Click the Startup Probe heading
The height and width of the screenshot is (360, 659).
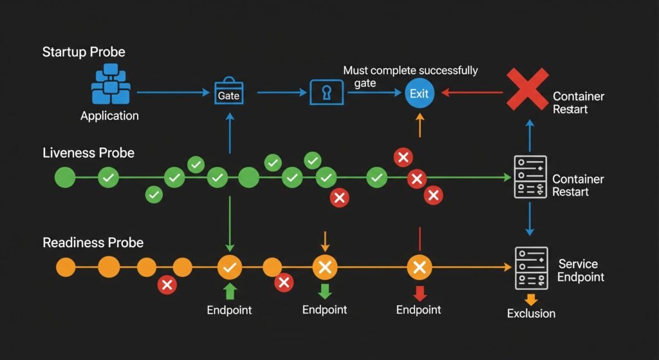click(x=83, y=52)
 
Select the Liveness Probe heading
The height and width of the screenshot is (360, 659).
click(x=88, y=153)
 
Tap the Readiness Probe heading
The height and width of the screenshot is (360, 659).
click(x=93, y=243)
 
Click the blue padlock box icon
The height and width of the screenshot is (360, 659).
click(x=327, y=92)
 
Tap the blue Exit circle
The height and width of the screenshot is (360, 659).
click(x=419, y=93)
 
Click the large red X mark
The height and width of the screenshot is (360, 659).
click(x=527, y=89)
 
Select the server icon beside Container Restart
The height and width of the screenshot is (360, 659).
click(x=530, y=176)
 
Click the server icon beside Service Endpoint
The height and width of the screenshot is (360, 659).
click(x=530, y=268)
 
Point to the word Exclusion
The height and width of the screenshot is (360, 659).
click(x=531, y=314)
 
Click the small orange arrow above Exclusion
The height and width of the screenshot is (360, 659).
click(x=531, y=299)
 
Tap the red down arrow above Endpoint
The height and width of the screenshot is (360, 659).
click(x=420, y=294)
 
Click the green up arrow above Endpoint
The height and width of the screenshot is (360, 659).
click(x=230, y=291)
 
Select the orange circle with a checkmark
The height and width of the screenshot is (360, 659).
click(x=230, y=266)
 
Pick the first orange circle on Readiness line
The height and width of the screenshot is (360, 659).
click(x=66, y=266)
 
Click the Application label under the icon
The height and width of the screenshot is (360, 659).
click(x=109, y=116)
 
